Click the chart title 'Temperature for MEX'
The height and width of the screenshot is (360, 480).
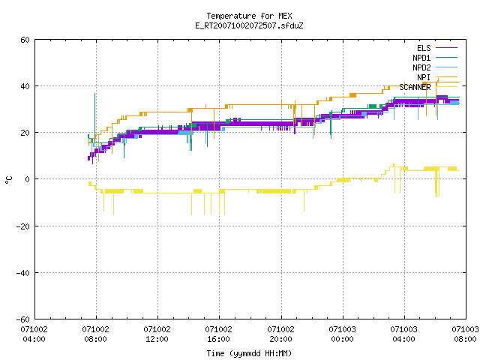(x=249, y=16)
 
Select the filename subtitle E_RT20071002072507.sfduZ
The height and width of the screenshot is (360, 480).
(x=249, y=25)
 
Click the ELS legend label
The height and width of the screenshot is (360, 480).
(x=424, y=48)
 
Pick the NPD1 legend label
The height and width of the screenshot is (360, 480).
(x=421, y=58)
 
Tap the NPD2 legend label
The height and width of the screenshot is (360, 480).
(x=421, y=67)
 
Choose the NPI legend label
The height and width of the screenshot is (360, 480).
(x=424, y=77)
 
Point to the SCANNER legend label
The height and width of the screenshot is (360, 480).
(x=415, y=87)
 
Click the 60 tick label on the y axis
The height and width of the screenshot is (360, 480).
(x=25, y=40)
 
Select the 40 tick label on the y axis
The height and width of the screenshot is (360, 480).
(x=25, y=86)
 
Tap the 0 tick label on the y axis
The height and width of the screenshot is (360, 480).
(x=28, y=179)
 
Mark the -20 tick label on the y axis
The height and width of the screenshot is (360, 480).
(x=23, y=226)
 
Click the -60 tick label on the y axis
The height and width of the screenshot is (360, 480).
(x=23, y=319)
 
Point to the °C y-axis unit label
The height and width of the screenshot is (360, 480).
(x=9, y=180)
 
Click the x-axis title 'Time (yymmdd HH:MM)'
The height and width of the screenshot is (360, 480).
(x=249, y=353)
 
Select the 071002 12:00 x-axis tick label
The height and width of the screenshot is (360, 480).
(x=157, y=334)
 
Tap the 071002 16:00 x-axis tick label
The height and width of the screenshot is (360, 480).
(x=218, y=334)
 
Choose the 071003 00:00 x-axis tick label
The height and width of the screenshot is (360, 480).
(x=342, y=334)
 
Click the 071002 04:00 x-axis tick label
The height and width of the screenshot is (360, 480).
(x=34, y=334)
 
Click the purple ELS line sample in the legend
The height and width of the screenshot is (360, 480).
(x=447, y=48)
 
